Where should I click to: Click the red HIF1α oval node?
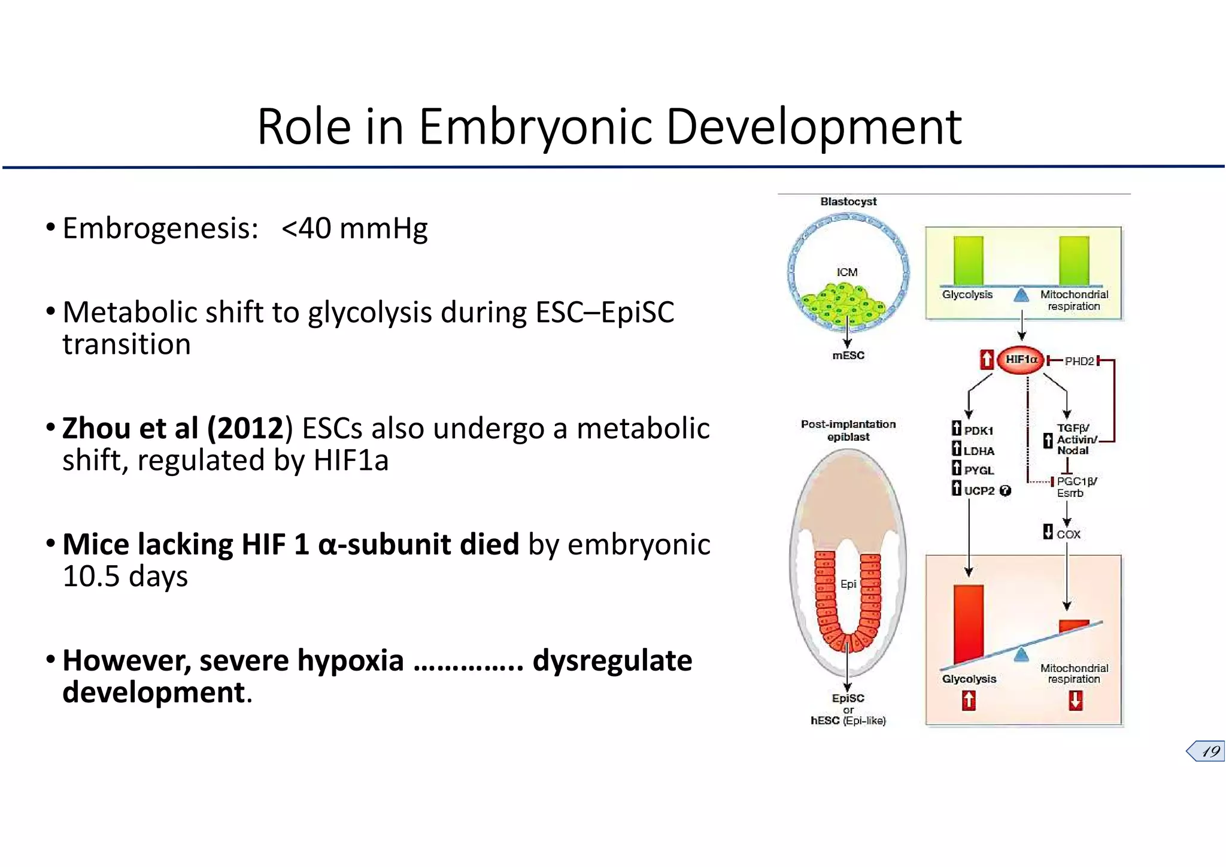pos(1021,360)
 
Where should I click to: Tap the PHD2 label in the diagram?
pos(1079,361)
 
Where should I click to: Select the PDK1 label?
pos(979,431)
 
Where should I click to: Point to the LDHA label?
pos(979,451)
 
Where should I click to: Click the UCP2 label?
pos(979,491)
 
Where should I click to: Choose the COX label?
pos(1068,534)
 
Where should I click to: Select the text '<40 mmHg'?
pos(354,229)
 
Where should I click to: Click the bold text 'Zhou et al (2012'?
pos(172,429)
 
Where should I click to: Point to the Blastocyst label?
pos(848,202)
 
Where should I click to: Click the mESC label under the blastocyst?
pos(848,356)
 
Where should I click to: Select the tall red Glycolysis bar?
pos(969,623)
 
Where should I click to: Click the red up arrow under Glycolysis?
pos(969,700)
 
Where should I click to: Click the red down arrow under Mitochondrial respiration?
pos(1075,700)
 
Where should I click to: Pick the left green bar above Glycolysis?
pos(969,260)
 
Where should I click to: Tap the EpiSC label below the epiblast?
pos(848,698)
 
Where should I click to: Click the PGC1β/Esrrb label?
pos(1076,487)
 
